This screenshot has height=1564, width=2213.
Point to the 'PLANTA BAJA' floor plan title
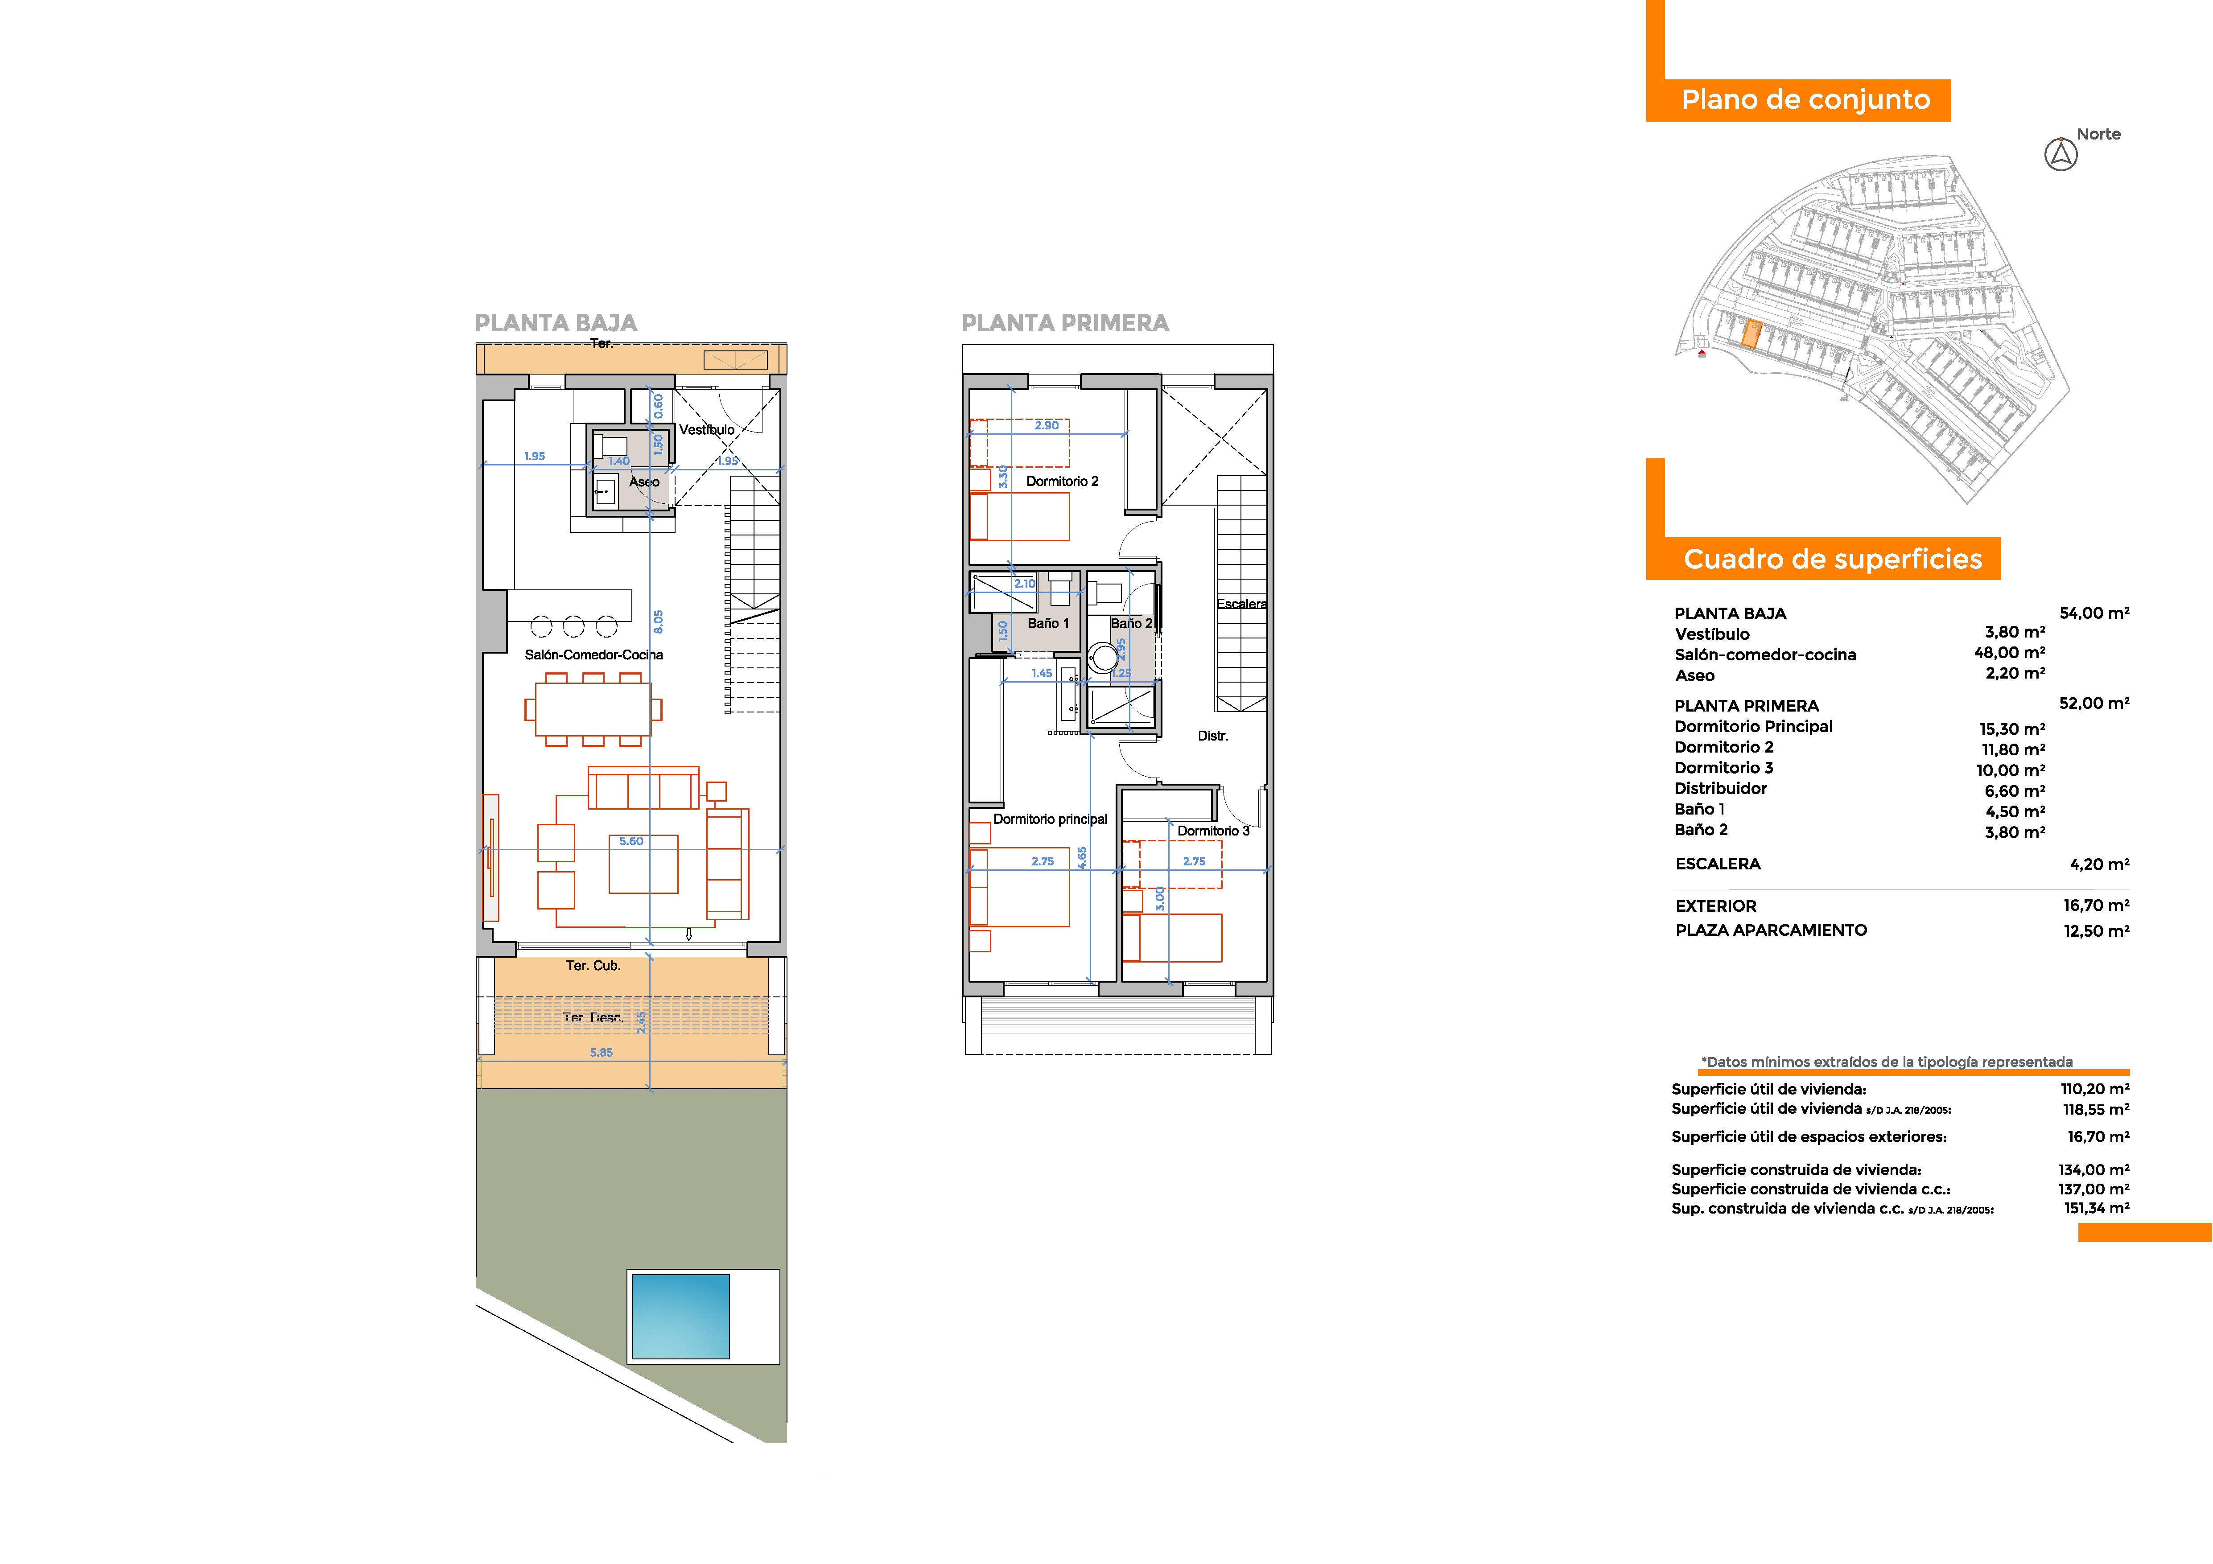(x=556, y=323)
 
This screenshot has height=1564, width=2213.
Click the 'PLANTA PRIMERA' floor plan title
(x=1065, y=323)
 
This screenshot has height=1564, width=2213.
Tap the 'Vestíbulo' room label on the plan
(x=706, y=430)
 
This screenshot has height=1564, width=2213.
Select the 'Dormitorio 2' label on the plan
(x=1062, y=481)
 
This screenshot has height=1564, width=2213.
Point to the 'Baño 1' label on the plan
(x=1048, y=623)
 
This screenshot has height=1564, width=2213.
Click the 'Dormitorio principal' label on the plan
(x=1051, y=819)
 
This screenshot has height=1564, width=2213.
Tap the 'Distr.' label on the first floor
(x=1212, y=736)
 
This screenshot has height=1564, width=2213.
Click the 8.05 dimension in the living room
(x=658, y=621)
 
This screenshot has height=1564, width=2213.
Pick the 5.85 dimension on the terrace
(x=602, y=1052)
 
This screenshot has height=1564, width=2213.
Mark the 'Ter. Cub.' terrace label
(x=593, y=966)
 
